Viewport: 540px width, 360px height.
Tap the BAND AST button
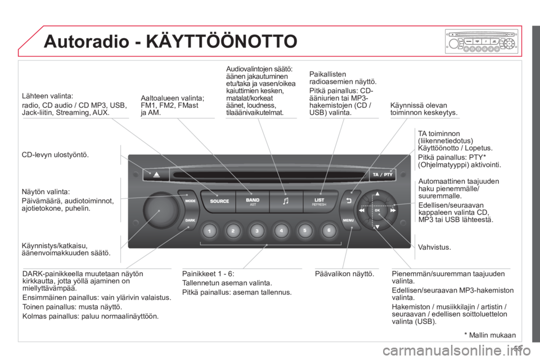pos(253,201)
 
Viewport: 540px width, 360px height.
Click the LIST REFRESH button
pos(319,201)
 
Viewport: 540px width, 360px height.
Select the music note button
pos(286,201)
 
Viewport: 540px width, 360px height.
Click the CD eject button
pos(156,174)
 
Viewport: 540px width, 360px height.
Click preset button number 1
pos(209,231)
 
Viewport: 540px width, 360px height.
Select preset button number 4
pos(281,231)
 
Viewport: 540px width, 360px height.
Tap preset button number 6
pos(329,231)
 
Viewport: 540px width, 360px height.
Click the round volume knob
pos(160,209)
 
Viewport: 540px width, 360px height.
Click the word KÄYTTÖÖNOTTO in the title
pos(222,41)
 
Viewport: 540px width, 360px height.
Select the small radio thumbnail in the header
pos(481,41)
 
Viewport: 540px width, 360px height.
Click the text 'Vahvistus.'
pos(434,247)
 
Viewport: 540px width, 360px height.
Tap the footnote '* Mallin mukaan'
pos(490,335)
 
